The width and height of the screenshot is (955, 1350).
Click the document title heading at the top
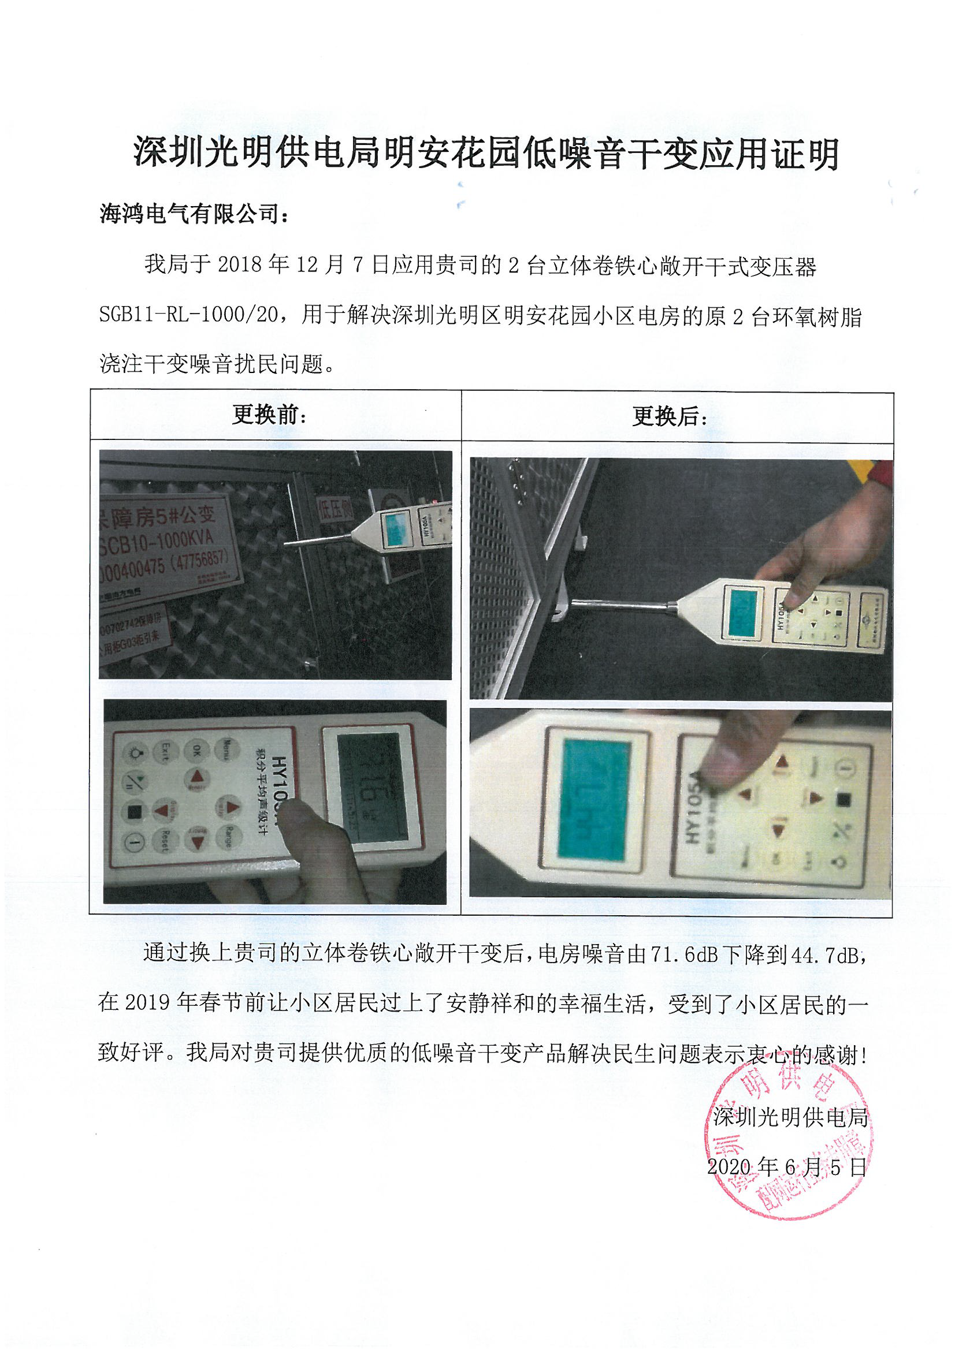point(486,154)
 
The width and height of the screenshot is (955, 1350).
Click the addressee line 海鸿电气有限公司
point(194,214)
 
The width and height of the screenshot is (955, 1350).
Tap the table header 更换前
point(269,415)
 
